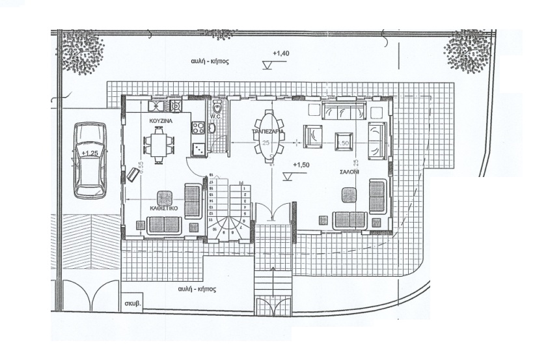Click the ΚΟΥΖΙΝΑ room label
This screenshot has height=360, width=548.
[159, 122]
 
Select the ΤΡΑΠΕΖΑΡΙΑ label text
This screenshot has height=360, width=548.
[267, 131]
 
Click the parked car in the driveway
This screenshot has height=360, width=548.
[89, 159]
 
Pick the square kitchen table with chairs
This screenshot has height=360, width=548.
[159, 143]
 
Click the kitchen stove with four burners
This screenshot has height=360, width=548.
[197, 149]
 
